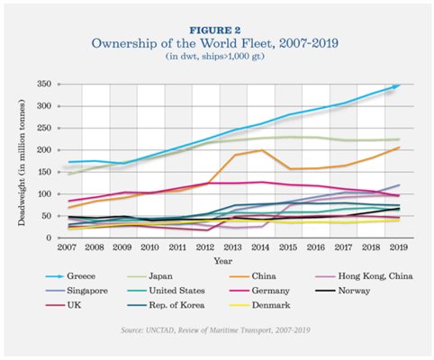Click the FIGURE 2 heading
(215, 31)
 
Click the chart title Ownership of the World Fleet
(215, 43)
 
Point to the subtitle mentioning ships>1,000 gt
(215, 57)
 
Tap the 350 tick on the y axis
(44, 84)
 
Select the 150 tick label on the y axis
(44, 172)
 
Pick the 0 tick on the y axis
(49, 238)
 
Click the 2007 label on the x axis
(67, 247)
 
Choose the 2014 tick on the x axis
(260, 247)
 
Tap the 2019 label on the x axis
(399, 247)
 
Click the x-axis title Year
(223, 261)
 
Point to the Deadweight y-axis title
(22, 163)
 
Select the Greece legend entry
(71, 276)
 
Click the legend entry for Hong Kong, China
(365, 276)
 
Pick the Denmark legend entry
(259, 305)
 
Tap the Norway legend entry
(343, 291)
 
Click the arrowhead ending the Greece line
(397, 86)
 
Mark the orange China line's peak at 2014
(262, 150)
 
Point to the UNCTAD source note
(215, 330)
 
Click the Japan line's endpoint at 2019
(399, 139)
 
